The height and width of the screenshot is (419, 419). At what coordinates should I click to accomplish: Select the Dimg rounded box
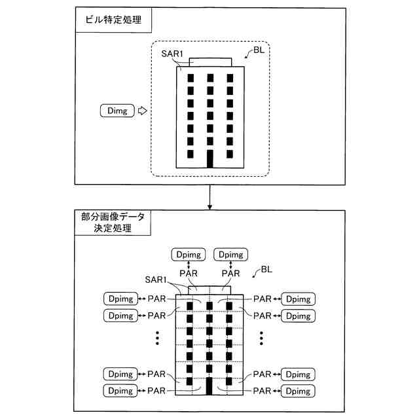117,111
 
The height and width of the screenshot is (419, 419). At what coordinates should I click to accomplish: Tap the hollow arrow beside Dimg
142,111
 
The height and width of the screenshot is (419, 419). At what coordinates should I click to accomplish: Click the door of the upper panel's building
210,159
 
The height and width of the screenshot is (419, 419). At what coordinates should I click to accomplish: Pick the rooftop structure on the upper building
210,62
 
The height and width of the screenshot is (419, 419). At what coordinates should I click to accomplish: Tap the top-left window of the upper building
191,78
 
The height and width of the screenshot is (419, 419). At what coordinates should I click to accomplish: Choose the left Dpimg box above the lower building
188,255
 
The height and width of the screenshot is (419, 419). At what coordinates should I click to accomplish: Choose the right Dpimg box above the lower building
232,255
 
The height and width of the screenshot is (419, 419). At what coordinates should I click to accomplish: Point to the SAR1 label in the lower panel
159,279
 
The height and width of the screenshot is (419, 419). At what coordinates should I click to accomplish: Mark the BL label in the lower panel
268,269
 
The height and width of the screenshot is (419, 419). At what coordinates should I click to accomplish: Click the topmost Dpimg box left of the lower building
121,299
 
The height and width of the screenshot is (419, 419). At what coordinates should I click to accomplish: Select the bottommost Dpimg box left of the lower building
121,391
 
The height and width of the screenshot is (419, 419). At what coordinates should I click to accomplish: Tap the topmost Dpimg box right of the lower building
298,299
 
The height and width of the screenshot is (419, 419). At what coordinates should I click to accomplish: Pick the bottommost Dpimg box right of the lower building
298,391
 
